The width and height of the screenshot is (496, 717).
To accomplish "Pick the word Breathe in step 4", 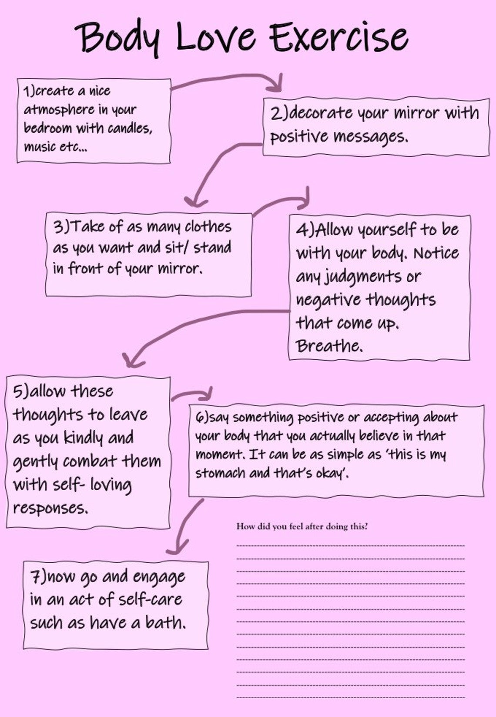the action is [x=329, y=346].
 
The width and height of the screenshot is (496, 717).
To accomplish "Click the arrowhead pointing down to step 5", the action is [x=133, y=361].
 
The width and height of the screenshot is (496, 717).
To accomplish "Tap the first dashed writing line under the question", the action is [x=351, y=545].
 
